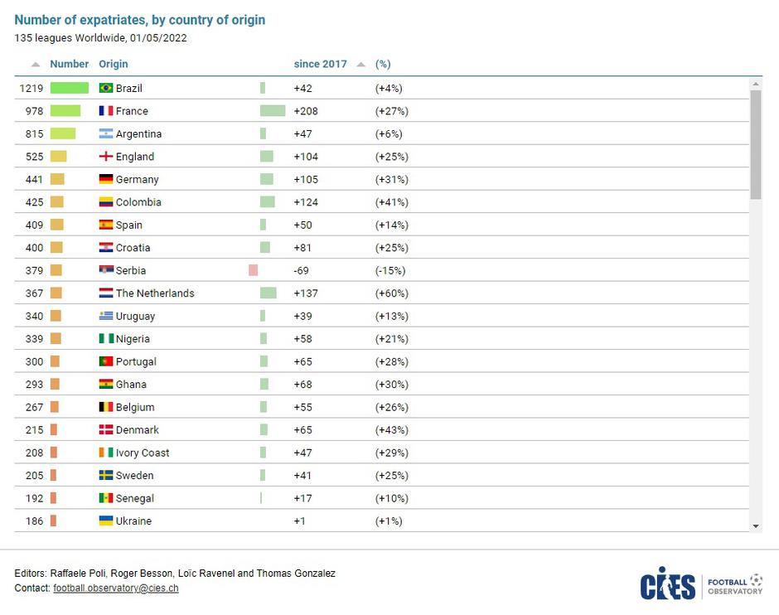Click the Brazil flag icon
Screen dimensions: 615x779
105,88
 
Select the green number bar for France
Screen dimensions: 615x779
65,111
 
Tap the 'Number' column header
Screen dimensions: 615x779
69,64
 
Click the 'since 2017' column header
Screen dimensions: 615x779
320,64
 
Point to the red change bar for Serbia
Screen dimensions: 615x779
253,270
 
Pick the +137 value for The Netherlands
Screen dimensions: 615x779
306,293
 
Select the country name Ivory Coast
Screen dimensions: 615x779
143,453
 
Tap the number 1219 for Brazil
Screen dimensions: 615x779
31,88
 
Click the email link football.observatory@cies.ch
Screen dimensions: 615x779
115,588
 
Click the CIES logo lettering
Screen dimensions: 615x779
667,584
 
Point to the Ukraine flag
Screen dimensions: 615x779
105,521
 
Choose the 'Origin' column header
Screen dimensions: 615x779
114,64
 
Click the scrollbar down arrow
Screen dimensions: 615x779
756,525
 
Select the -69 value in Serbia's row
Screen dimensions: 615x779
301,270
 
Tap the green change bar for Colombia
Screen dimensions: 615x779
267,202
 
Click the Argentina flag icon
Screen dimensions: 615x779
105,133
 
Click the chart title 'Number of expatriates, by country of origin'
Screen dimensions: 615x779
140,20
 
